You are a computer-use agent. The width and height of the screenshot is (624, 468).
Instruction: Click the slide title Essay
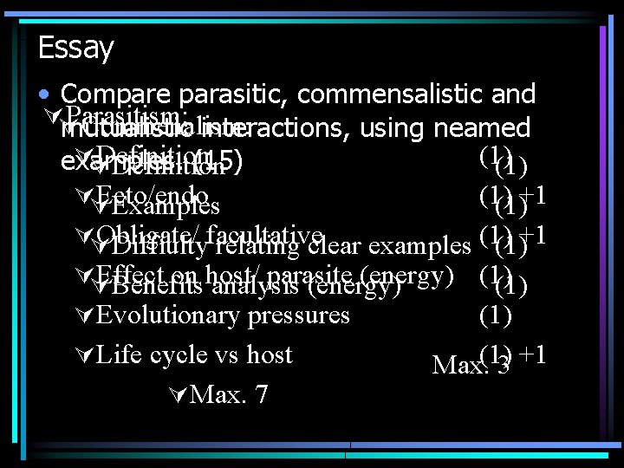(76, 49)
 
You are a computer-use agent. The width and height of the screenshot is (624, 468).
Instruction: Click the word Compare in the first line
(115, 94)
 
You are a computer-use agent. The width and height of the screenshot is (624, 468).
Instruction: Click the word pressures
(299, 315)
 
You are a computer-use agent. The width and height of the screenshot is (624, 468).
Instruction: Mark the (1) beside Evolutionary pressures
(496, 315)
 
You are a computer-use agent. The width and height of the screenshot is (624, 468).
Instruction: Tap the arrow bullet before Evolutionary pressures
(84, 315)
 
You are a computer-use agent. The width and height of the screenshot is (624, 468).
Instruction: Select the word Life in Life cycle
(119, 354)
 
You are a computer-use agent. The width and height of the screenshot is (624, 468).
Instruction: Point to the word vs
(232, 354)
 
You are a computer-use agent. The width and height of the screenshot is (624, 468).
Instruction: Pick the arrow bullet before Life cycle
(84, 354)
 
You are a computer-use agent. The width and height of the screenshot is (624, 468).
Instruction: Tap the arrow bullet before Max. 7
(178, 395)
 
